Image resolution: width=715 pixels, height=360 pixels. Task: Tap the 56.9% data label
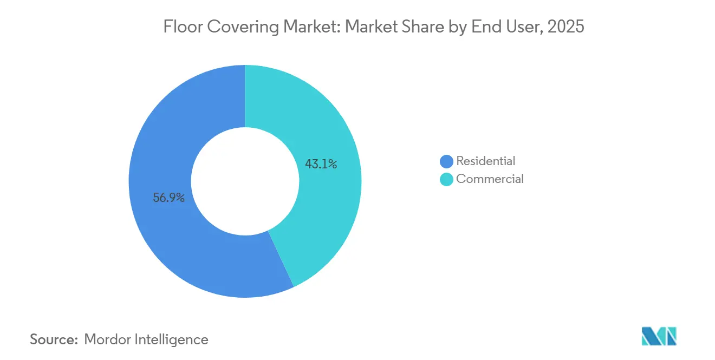[169, 198]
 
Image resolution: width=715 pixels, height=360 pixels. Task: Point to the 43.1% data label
[321, 164]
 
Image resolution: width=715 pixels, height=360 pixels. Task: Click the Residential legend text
[485, 161]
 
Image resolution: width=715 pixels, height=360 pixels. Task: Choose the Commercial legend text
[490, 179]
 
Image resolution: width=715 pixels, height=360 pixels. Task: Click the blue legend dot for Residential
[446, 161]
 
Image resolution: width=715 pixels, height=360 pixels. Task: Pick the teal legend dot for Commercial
[446, 179]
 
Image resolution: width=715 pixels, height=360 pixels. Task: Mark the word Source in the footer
[53, 339]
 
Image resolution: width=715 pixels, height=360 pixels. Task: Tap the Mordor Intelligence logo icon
[659, 336]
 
